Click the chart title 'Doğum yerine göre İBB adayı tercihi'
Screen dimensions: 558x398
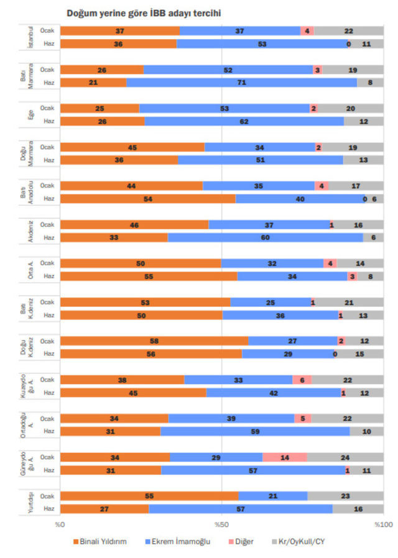(x=144, y=12)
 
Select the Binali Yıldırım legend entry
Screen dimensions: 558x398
(x=100, y=541)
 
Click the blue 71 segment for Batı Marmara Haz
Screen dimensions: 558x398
(x=241, y=83)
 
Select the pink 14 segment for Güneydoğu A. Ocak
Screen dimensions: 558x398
(x=284, y=457)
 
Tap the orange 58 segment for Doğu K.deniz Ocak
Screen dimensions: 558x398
(x=154, y=341)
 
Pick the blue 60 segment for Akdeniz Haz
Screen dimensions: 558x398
(x=266, y=237)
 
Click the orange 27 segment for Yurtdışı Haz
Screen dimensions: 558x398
(x=104, y=509)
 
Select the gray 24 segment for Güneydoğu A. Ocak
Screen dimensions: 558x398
(x=345, y=457)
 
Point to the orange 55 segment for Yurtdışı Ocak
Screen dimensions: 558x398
(x=149, y=496)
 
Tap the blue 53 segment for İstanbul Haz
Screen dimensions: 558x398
(x=262, y=43)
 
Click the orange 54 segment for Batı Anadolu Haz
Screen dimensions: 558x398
(x=148, y=199)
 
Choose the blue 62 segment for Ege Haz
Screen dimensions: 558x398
(x=244, y=121)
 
